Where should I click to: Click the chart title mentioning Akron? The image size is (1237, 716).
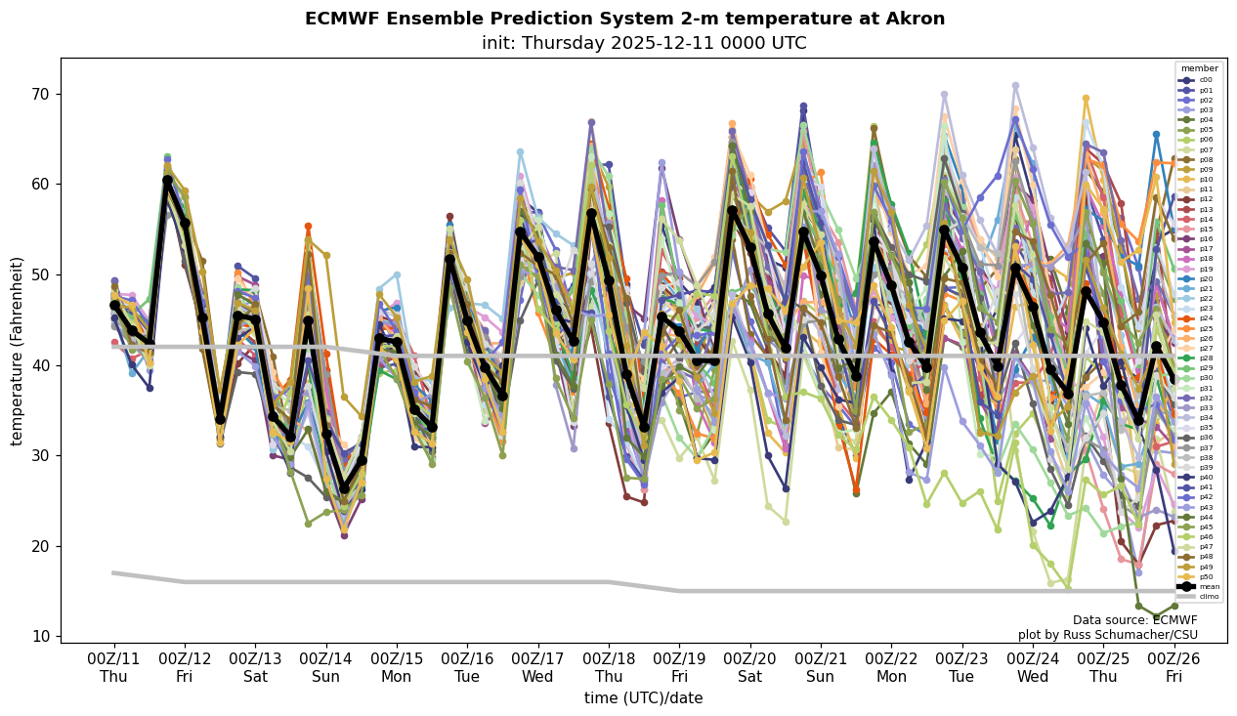tap(624, 19)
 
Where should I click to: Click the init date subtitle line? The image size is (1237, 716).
tap(644, 44)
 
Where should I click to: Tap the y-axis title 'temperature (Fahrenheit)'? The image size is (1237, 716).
tap(18, 351)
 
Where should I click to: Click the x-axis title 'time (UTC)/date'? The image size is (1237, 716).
tap(643, 698)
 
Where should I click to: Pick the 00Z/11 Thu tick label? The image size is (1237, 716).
tap(113, 667)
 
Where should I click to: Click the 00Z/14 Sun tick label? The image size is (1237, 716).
tap(326, 667)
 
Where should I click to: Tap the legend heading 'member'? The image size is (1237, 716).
tap(1200, 68)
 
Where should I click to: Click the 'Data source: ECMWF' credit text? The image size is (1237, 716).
tap(1134, 620)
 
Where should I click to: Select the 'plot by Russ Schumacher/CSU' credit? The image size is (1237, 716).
tap(1107, 635)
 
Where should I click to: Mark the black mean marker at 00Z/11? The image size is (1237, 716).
tap(114, 306)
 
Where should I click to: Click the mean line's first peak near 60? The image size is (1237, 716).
tap(167, 181)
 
